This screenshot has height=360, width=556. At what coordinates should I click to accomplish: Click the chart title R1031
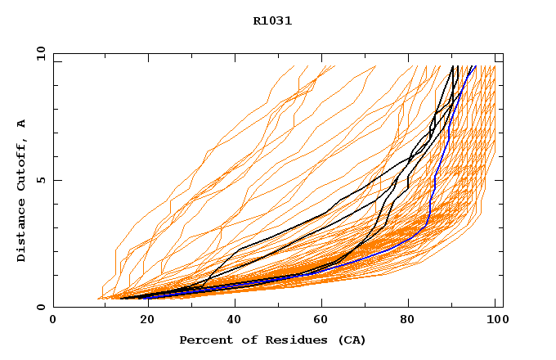[x=272, y=21]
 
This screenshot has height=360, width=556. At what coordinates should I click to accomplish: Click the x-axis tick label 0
[x=53, y=321]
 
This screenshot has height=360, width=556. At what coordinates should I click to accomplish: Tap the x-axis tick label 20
[x=141, y=321]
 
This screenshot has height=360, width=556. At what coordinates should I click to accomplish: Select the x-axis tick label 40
[x=231, y=321]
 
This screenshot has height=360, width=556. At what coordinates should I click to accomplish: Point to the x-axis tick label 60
[x=319, y=321]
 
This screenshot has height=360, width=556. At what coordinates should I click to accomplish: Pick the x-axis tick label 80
[x=407, y=321]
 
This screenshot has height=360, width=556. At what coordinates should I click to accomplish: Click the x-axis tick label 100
[x=495, y=321]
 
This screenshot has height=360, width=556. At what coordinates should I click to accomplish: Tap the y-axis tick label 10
[x=40, y=53]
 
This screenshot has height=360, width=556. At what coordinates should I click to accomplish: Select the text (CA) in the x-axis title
[x=351, y=340]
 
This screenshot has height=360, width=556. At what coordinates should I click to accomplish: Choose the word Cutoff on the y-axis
[x=22, y=164]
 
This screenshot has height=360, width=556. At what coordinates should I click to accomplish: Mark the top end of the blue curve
[x=475, y=66]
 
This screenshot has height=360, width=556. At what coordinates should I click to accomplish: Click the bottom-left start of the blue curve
[x=147, y=298]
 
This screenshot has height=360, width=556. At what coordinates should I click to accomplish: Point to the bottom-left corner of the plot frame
[x=53, y=307]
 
